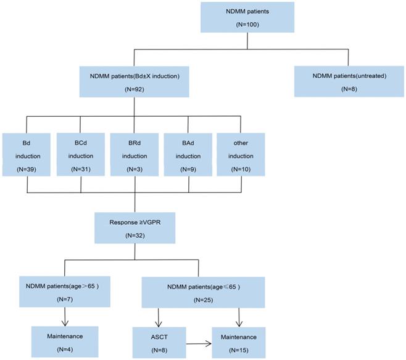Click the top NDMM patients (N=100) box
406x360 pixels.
click(247, 17)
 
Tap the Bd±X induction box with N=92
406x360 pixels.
click(135, 82)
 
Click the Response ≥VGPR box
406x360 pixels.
click(135, 227)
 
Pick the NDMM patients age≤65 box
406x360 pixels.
click(204, 293)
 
